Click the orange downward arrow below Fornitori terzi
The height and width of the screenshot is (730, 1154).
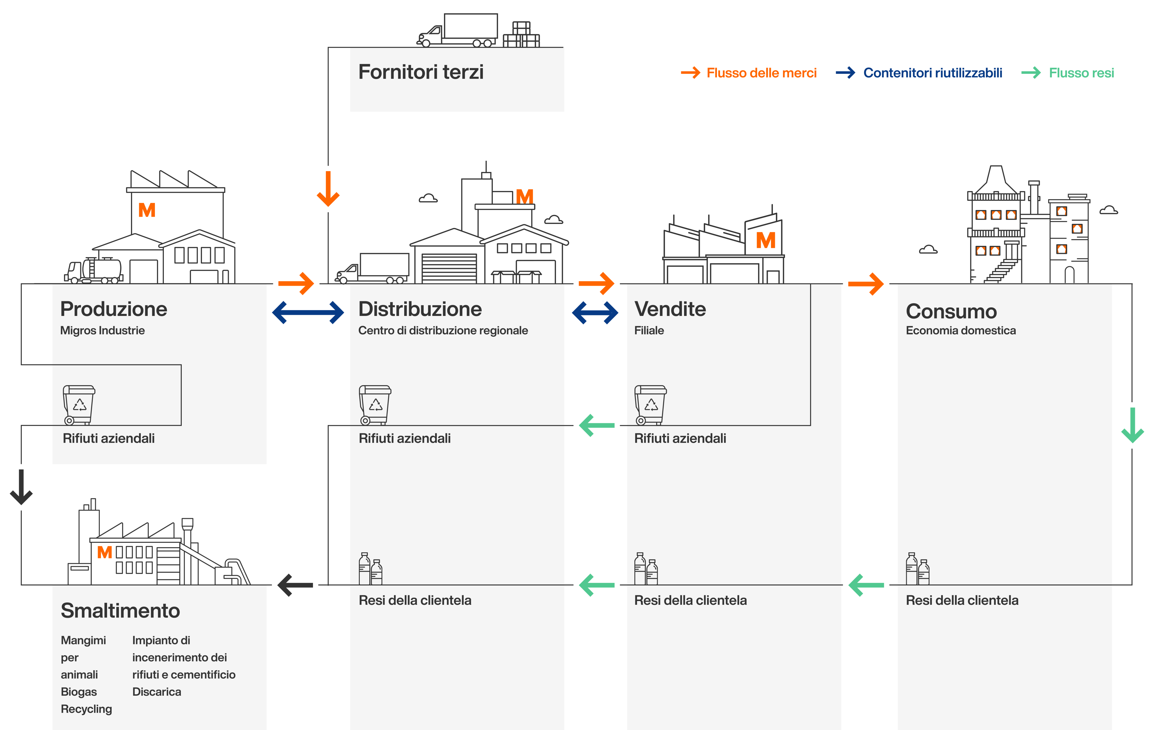(x=328, y=189)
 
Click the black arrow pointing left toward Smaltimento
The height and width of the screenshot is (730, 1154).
(x=295, y=585)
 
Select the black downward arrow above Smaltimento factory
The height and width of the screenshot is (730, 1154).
(x=21, y=487)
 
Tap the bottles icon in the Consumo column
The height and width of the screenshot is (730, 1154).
(x=917, y=569)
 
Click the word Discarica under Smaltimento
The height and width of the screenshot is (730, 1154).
(x=157, y=692)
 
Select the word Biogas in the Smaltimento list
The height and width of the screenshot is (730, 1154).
(x=78, y=692)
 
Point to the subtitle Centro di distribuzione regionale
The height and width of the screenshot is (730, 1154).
(x=443, y=331)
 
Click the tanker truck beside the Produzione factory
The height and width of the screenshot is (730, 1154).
(x=94, y=271)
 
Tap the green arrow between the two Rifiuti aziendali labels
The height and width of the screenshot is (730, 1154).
(x=597, y=425)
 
